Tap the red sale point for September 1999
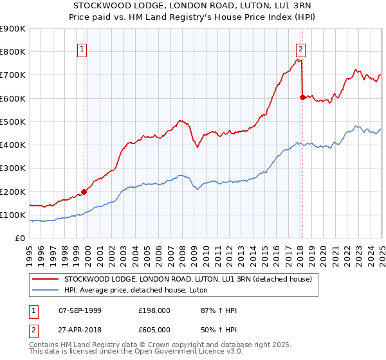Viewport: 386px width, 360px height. click(84, 192)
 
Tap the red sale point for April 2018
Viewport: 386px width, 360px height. click(302, 97)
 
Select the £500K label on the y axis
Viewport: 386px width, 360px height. click(13, 122)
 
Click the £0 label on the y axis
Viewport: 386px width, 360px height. click(20, 238)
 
